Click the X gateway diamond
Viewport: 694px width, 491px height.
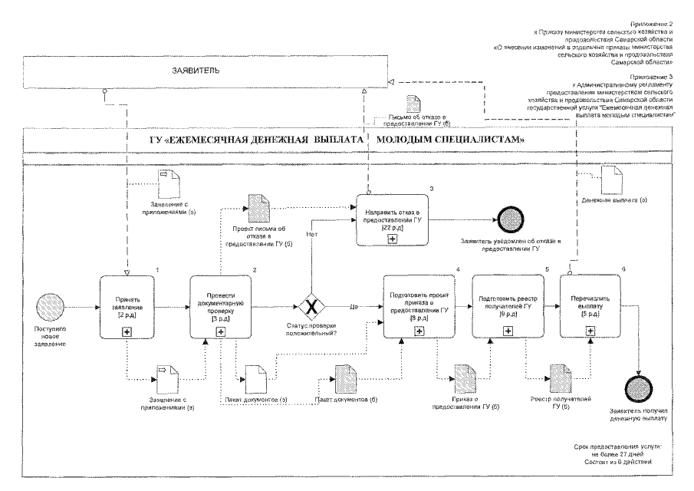[x=312, y=307]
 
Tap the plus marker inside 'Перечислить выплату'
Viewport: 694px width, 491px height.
[x=590, y=330]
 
